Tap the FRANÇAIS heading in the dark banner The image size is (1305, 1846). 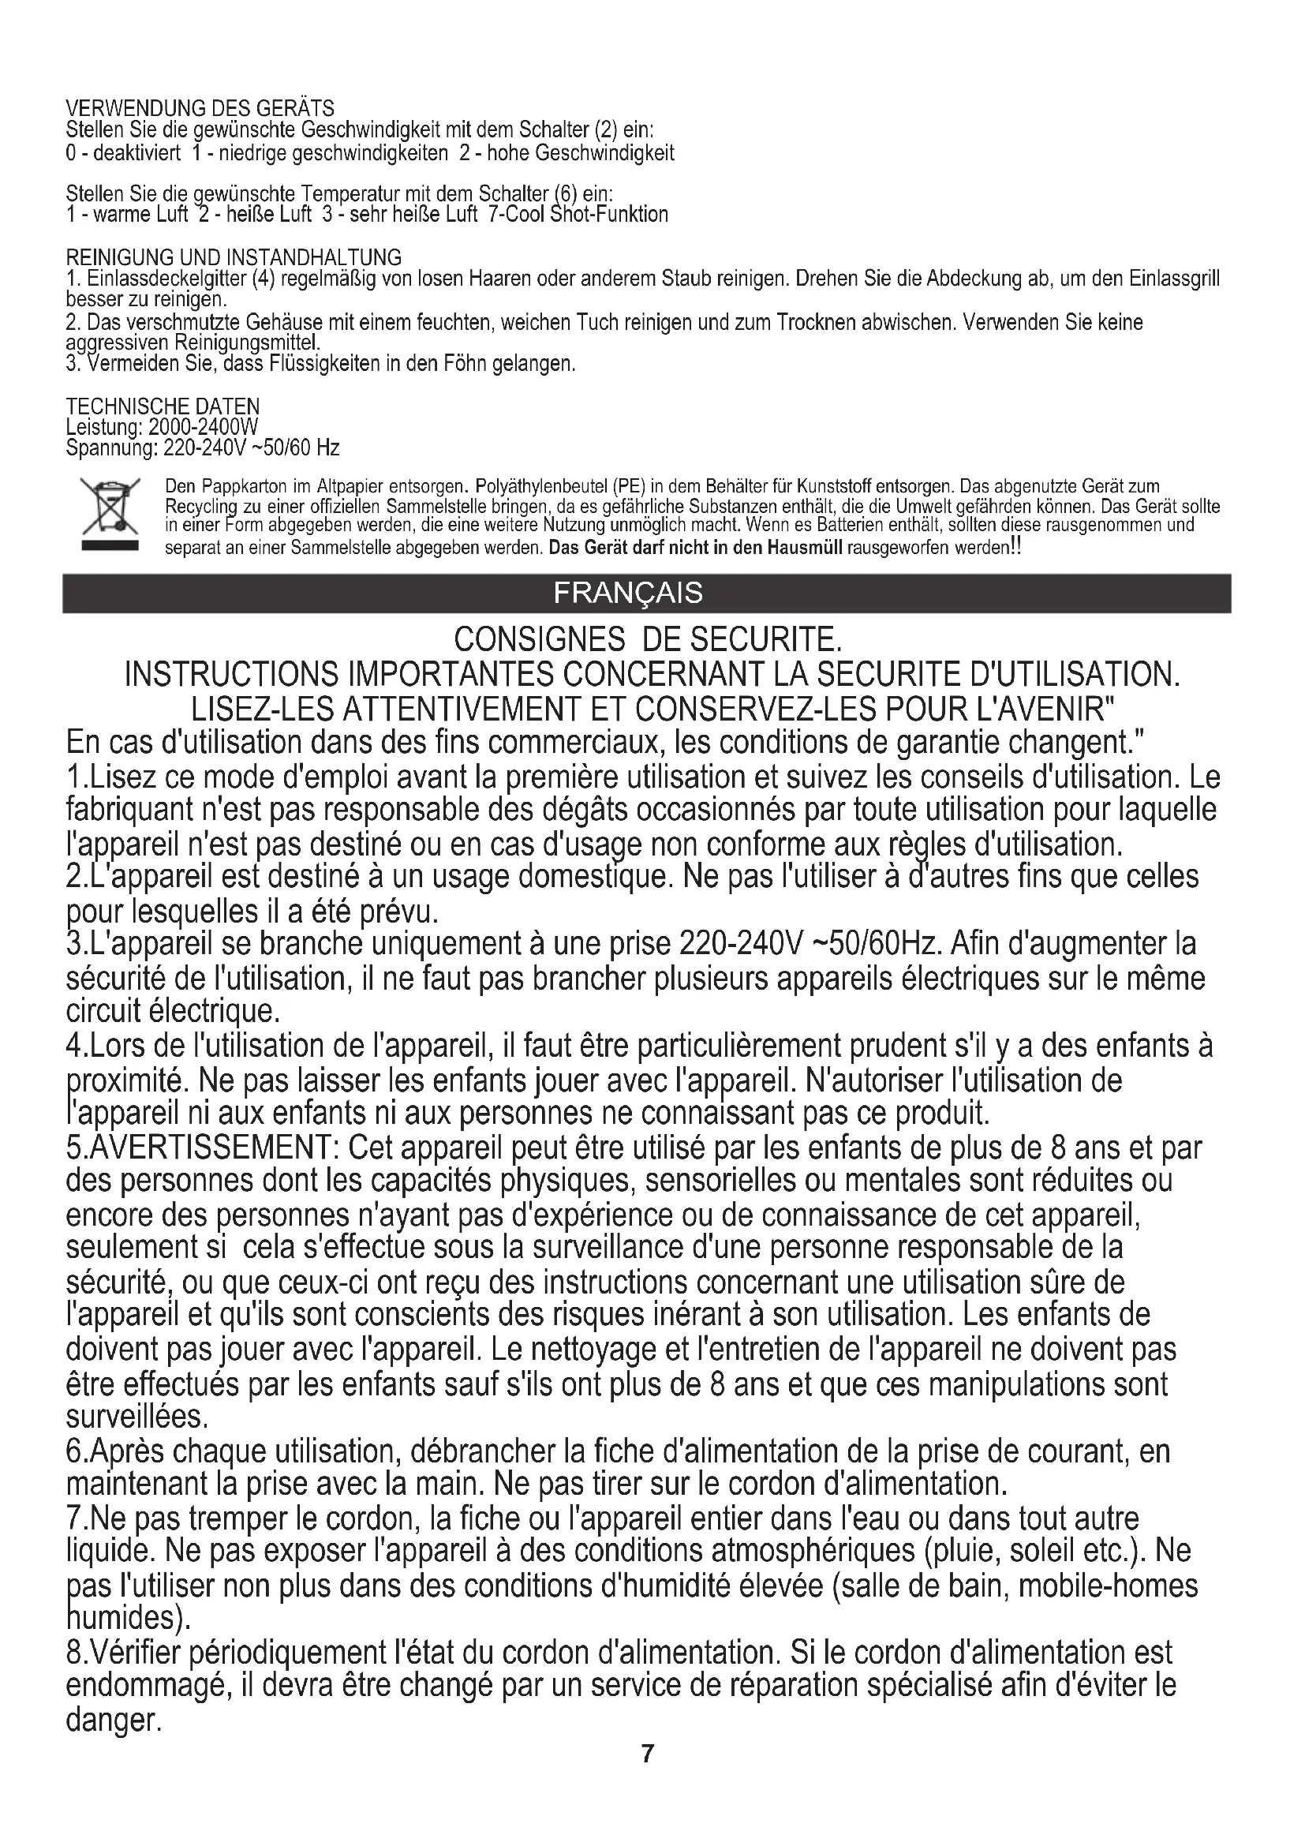point(627,593)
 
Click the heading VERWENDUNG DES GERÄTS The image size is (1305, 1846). point(200,108)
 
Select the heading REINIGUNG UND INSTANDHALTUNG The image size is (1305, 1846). point(233,258)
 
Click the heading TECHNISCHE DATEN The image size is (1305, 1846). point(163,406)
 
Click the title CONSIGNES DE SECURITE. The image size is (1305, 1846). point(648,640)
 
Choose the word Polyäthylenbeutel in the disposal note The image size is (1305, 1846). point(541,486)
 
